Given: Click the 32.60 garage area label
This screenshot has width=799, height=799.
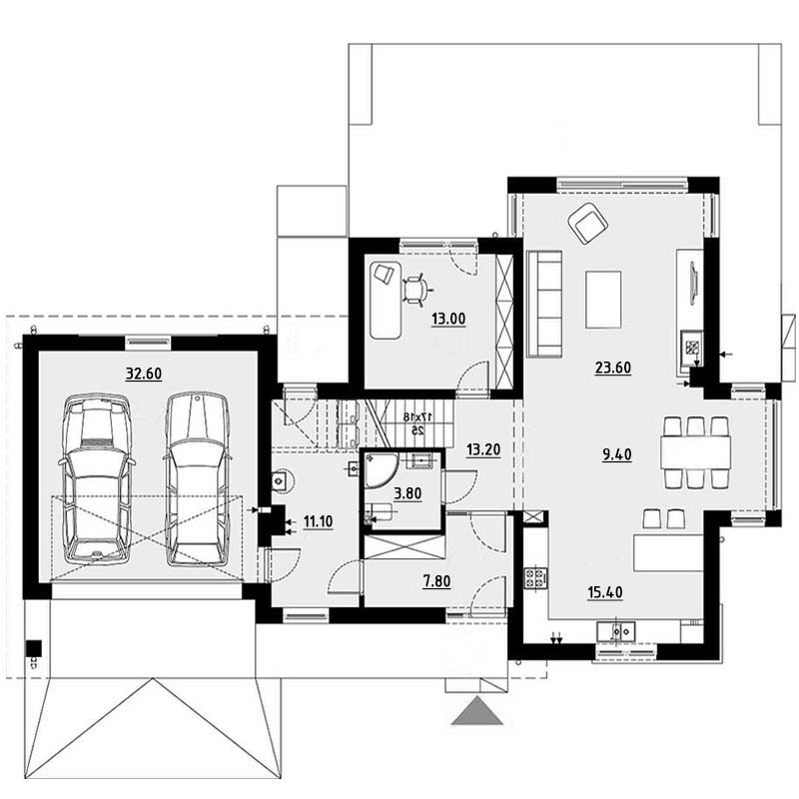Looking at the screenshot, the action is (144, 374).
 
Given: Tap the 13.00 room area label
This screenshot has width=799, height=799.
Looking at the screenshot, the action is (448, 319).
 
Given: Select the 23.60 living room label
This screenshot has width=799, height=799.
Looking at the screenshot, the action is (613, 368).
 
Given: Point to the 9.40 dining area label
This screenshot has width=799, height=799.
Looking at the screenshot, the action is (617, 454).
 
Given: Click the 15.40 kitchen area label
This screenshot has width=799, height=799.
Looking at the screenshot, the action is (605, 592).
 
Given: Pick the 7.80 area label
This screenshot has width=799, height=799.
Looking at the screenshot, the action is (436, 581).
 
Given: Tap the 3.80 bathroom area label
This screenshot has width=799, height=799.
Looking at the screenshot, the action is (407, 493).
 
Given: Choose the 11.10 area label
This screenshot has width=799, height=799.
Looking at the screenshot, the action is (318, 521).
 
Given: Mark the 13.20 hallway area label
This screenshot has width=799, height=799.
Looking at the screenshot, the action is (483, 450).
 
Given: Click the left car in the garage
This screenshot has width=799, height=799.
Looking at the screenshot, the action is (97, 478).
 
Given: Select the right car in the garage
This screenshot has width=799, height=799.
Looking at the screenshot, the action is (197, 478).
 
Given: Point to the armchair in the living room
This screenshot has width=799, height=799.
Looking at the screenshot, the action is (588, 223).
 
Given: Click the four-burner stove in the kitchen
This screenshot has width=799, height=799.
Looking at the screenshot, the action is (536, 578).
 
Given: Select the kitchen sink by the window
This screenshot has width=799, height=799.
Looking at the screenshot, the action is (616, 632).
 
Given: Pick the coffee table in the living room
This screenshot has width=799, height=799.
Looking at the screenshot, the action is (603, 299).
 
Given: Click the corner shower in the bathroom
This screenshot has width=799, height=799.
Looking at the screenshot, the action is (380, 468).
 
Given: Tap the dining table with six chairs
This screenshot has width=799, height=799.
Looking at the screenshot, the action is (695, 452).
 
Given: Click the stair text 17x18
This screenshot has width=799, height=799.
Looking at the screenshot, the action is (413, 416).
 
